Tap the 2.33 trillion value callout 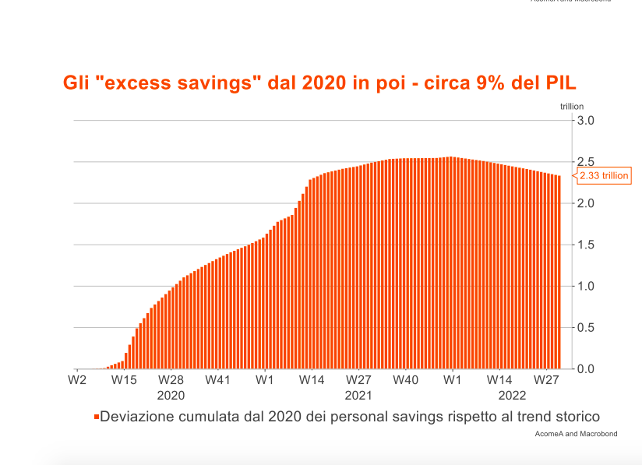click(603, 176)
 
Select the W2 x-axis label click(76, 380)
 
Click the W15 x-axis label click(124, 380)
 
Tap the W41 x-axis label click(217, 380)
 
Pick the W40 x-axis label click(405, 380)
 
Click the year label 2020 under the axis click(171, 394)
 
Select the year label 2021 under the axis click(358, 394)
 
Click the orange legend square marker click(97, 417)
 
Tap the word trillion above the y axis click(571, 107)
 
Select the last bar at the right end click(559, 272)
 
